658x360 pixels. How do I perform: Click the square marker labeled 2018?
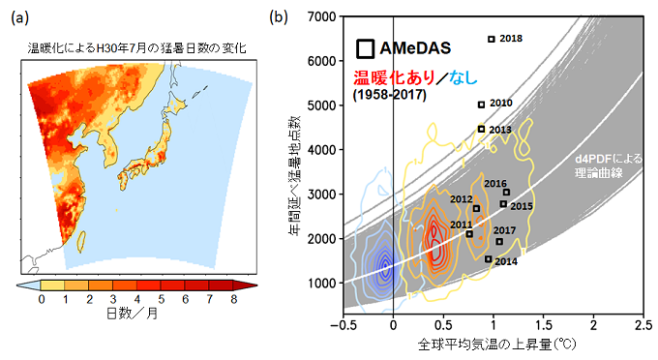492,39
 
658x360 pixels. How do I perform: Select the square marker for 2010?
481,105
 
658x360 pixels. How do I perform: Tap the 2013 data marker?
481,129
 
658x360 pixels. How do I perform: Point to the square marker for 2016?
506,193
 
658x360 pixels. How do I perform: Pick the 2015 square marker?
503,203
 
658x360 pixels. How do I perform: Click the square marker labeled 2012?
476,208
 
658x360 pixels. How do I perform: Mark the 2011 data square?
469,233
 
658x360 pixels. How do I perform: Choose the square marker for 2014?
489,258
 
